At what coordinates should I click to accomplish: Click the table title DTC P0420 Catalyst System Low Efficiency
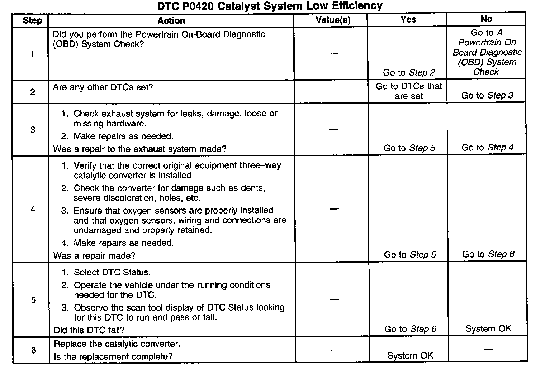[270, 6]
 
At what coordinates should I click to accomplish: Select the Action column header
[171, 20]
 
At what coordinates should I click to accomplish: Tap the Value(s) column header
[333, 20]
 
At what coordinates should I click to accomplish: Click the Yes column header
[408, 19]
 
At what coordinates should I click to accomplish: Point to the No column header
[486, 19]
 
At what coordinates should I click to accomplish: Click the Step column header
[32, 20]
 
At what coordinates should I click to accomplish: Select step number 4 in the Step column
[33, 209]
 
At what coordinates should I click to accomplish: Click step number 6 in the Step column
[33, 350]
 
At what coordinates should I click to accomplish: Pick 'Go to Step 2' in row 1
[409, 72]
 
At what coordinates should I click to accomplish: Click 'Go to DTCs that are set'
[409, 91]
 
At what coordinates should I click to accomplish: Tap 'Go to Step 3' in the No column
[487, 95]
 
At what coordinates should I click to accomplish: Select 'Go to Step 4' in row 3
[487, 147]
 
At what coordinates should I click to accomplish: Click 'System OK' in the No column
[488, 328]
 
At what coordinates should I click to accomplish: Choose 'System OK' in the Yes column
[410, 355]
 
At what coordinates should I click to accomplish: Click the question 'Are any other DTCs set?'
[103, 87]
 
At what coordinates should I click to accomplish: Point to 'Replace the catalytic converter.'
[117, 344]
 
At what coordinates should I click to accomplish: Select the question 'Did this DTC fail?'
[89, 330]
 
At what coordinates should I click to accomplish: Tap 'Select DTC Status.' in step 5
[112, 272]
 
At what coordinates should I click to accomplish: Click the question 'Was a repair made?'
[95, 255]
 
